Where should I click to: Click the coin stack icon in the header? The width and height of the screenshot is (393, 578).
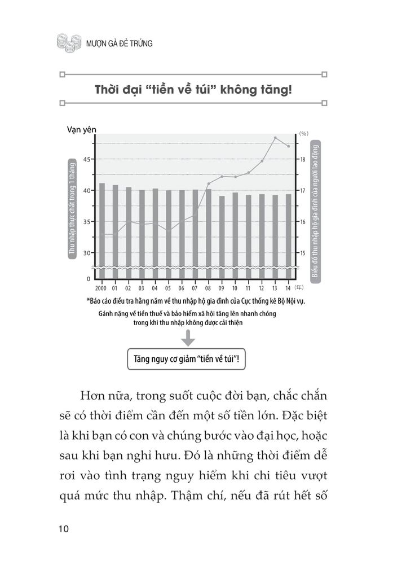point(66,43)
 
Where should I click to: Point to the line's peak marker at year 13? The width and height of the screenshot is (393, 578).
point(275,138)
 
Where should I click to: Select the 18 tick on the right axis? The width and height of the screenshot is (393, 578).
point(302,159)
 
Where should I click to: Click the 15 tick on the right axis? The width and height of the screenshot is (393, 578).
point(302,253)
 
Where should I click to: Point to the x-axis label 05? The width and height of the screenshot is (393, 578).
point(168,288)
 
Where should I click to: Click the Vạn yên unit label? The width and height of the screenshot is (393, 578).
point(81,129)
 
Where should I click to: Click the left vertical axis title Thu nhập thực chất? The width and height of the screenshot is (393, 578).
point(72,209)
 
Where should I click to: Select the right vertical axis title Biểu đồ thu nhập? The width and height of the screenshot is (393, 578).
point(315,209)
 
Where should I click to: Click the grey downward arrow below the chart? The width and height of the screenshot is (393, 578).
point(188,338)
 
